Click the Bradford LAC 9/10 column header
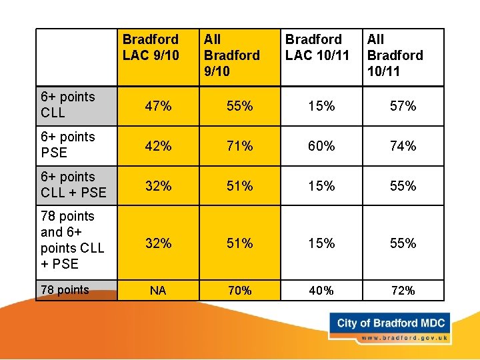point(151,47)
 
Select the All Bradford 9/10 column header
point(231,55)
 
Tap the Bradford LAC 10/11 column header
point(317,47)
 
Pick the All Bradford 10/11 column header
point(395,55)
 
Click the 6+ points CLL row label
point(68,105)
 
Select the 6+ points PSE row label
point(68,145)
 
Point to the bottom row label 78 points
point(65,290)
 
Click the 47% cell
point(158,106)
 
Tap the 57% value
point(403,106)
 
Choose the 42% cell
point(158,146)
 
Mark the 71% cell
point(239,146)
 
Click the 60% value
point(321,146)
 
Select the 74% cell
point(403,146)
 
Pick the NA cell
point(158,291)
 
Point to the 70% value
point(239,291)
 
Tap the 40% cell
point(321,291)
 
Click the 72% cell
point(403,291)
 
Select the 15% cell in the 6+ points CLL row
point(321,106)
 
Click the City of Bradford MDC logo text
point(391,323)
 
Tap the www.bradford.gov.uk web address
point(403,338)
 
